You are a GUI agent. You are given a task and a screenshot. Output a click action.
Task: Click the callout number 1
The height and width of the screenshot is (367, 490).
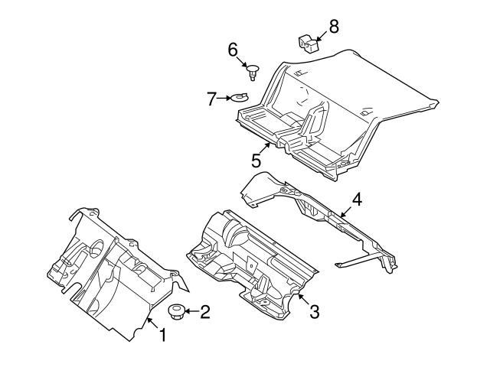(162, 335)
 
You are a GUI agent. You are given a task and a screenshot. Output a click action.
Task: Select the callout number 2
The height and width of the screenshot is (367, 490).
(205, 312)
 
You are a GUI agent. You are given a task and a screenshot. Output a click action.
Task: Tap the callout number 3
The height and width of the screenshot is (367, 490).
(315, 311)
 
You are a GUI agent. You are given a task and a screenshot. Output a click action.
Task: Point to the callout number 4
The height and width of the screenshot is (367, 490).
(357, 200)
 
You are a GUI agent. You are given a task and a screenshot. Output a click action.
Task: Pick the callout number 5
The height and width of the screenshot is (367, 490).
(256, 161)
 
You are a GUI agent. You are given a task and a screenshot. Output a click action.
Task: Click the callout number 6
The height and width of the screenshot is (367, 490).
(233, 50)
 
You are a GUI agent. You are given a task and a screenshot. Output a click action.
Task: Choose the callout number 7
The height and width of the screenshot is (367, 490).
(211, 99)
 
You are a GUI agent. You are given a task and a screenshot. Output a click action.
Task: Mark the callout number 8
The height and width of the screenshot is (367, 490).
(334, 27)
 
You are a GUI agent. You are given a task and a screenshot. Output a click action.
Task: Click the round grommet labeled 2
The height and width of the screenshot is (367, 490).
(177, 312)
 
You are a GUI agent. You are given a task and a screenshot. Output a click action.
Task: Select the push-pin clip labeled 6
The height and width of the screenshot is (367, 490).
(253, 72)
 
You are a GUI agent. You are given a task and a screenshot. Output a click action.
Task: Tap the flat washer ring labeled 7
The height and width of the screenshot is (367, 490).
(240, 97)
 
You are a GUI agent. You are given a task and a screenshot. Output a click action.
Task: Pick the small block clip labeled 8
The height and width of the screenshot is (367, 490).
(308, 44)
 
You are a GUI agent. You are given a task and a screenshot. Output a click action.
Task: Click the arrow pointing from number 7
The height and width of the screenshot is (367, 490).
(224, 99)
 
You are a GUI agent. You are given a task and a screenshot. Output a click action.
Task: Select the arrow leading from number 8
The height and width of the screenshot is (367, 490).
(322, 36)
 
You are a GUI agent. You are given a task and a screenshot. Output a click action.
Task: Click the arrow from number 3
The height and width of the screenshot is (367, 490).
(303, 299)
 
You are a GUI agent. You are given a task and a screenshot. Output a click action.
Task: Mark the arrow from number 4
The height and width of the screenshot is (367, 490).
(347, 212)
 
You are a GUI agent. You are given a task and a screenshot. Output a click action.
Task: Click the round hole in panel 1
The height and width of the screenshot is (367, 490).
(97, 248)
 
